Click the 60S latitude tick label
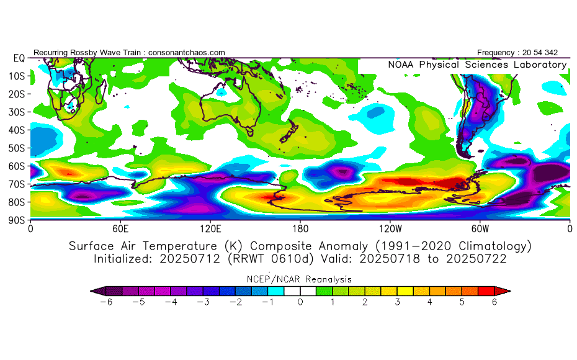(x=17, y=166)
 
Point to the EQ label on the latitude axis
(x=19, y=58)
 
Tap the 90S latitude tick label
(x=17, y=220)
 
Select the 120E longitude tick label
(x=210, y=228)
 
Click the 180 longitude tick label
(x=300, y=228)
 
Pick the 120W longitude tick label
(x=390, y=228)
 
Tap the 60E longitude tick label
(x=120, y=228)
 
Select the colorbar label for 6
(x=494, y=302)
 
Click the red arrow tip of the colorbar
(x=506, y=290)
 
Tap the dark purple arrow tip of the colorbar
(x=96, y=290)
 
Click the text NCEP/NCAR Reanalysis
(x=300, y=279)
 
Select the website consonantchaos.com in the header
(x=186, y=52)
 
